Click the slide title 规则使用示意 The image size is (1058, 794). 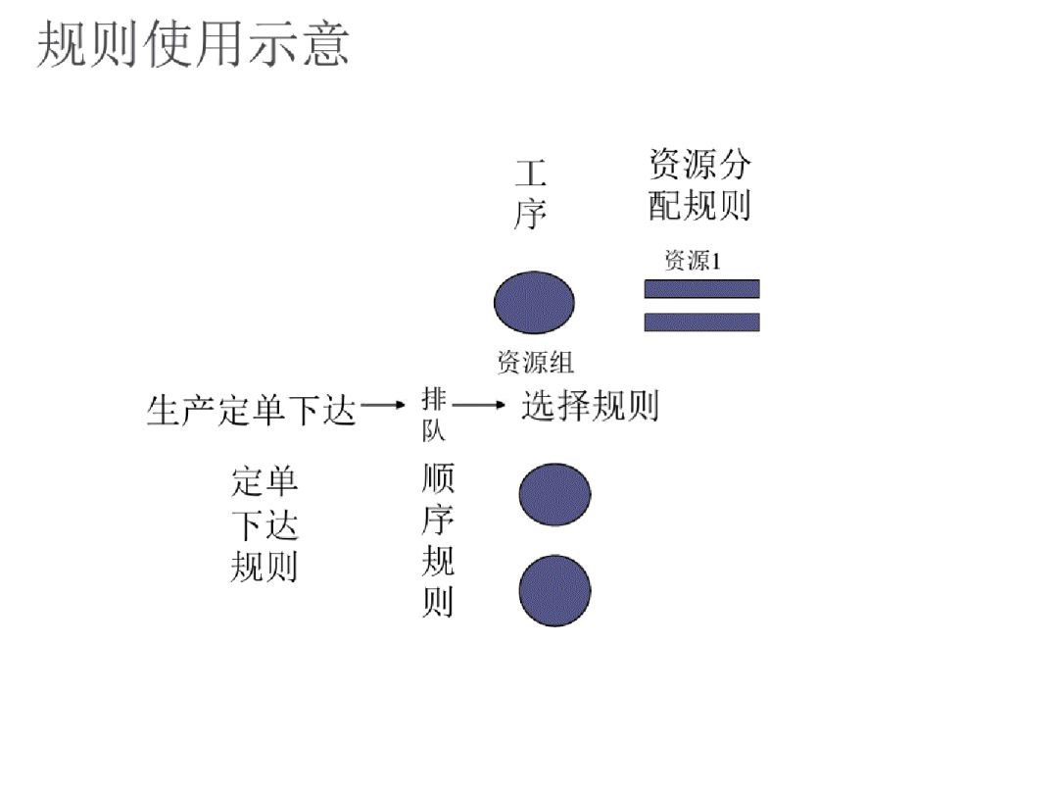pos(193,46)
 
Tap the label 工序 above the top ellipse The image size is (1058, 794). pos(530,195)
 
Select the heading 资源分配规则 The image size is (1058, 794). pos(699,184)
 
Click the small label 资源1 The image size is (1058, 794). pos(693,261)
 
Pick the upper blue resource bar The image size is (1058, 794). pos(701,288)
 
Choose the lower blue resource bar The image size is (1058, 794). pos(701,322)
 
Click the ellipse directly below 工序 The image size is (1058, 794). pos(534,302)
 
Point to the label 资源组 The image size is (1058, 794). pos(535,363)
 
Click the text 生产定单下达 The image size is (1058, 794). pos(251,410)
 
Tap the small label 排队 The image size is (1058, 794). pos(434,415)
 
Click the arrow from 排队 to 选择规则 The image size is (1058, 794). pos(478,404)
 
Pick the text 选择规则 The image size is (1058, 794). pos(590,405)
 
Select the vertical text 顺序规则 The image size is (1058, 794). pos(438,540)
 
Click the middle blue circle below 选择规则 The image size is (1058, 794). pos(554,494)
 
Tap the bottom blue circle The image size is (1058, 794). pos(554,590)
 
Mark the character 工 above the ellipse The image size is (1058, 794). pos(530,174)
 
